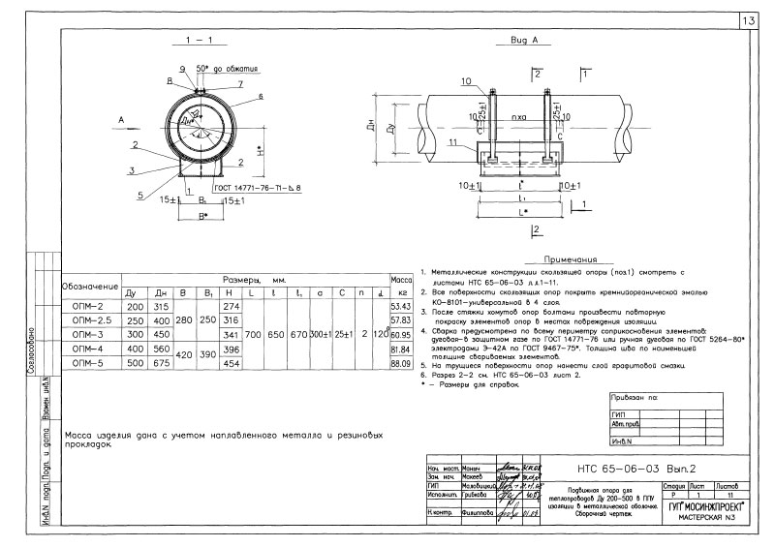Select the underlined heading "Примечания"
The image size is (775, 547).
[x=571, y=259]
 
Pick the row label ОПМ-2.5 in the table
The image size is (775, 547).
[x=92, y=319]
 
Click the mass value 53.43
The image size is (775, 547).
[x=401, y=306]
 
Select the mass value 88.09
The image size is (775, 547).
[x=401, y=362]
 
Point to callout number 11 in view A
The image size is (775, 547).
[x=452, y=142]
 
